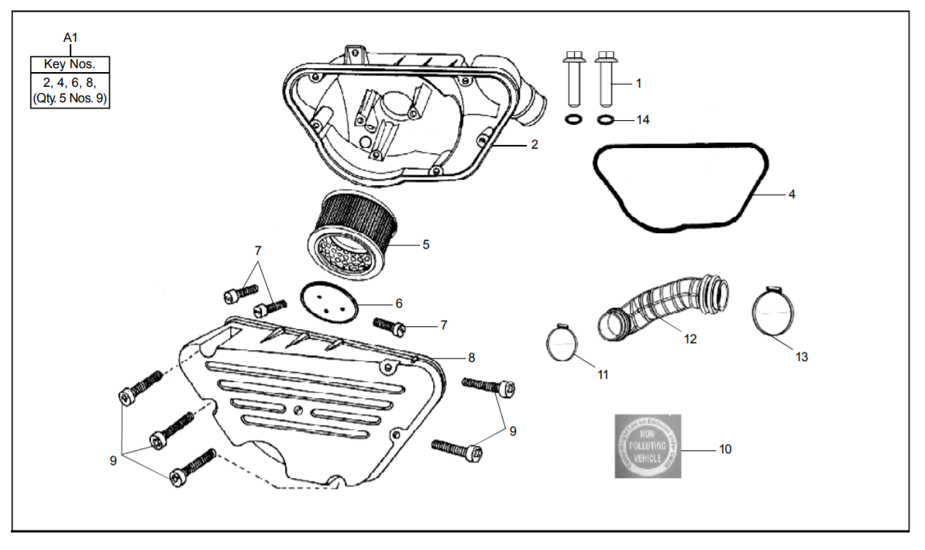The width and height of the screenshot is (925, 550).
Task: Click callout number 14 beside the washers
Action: [642, 120]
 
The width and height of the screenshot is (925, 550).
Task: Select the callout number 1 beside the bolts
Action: [638, 82]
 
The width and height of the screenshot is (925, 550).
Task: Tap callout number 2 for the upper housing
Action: [535, 144]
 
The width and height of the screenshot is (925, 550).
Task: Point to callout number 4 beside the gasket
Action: [792, 194]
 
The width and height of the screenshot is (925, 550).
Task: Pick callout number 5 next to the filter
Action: [426, 245]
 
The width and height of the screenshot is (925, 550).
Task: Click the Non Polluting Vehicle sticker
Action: [649, 446]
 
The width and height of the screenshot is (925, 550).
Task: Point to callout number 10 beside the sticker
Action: [725, 449]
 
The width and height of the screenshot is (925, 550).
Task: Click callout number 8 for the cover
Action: [471, 357]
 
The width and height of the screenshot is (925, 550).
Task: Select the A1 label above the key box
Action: [70, 37]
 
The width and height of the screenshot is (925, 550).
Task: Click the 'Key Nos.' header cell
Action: [70, 64]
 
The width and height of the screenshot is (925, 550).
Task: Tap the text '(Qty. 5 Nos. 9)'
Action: [70, 98]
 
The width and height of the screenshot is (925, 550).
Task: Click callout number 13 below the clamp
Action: [802, 356]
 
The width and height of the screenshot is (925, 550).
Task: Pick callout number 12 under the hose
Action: [690, 339]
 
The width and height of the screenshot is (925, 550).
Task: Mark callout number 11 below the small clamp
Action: [603, 374]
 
